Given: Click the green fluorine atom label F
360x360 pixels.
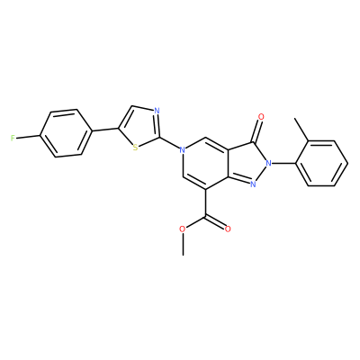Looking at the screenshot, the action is pos(13,139).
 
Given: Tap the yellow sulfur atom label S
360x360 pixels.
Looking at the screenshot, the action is pos(135,148).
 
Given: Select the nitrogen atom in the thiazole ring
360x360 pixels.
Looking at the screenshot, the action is pos(157,112).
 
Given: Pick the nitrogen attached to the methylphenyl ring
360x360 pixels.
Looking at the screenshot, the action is pos(268,164).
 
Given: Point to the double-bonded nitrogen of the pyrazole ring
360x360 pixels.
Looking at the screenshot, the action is pos(253,184).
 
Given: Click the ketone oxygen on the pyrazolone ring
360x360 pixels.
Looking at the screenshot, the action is pos(261,117).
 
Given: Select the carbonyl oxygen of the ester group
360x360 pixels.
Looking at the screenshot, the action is pos(228,229).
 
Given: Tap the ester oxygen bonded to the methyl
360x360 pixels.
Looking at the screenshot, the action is pos(183,229).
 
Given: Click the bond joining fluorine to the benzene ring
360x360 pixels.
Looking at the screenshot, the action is pos(28,137).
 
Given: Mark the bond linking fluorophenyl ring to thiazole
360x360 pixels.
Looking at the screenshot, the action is pos(104,130).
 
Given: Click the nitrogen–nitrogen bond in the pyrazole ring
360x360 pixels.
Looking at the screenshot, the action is pos(261,174).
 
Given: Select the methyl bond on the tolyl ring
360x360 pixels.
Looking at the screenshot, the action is pos(301,130).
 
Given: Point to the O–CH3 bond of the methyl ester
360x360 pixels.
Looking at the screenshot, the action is pos(183,244).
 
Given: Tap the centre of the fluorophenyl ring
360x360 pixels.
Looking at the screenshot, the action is pos(66,133).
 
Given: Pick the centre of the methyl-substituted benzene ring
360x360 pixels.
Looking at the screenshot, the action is pos(322,164).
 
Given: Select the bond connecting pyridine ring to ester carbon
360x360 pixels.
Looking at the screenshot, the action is pos(205,202).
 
